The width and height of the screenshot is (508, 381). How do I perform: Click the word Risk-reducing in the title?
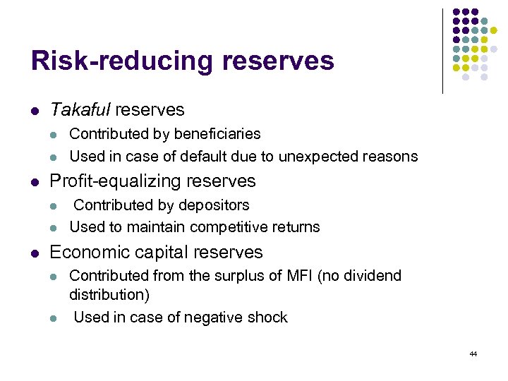click(x=123, y=61)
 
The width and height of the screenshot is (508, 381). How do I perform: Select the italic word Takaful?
click(x=80, y=110)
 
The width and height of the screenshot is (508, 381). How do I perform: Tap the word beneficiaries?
click(x=219, y=134)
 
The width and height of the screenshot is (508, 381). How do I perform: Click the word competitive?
click(x=236, y=227)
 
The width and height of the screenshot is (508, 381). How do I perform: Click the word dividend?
click(x=373, y=276)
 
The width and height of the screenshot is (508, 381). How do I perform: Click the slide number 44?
click(x=473, y=353)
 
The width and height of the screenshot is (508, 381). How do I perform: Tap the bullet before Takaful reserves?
click(x=35, y=111)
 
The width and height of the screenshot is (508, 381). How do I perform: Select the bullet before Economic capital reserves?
click(x=35, y=253)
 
